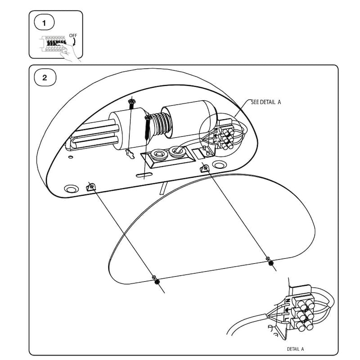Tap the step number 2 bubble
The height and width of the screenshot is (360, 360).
(45, 77)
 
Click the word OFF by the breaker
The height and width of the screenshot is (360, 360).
(73, 36)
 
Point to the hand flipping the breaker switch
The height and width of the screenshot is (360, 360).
(69, 53)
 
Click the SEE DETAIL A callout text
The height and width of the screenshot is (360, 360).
(266, 102)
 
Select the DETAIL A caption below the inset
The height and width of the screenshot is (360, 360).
(295, 349)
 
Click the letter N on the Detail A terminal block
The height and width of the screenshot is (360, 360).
(288, 300)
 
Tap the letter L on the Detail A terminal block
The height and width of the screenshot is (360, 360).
(286, 319)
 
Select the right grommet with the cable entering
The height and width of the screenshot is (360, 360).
(177, 152)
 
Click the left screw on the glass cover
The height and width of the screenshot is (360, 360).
(156, 280)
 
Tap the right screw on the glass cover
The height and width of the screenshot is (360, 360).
(270, 261)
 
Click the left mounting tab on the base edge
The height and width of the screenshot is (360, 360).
(91, 187)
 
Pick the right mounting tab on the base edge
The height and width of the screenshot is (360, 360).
(205, 168)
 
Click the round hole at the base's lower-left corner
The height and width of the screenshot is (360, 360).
(72, 189)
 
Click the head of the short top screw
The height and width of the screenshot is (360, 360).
(132, 101)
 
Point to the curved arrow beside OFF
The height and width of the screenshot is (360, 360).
(74, 42)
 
